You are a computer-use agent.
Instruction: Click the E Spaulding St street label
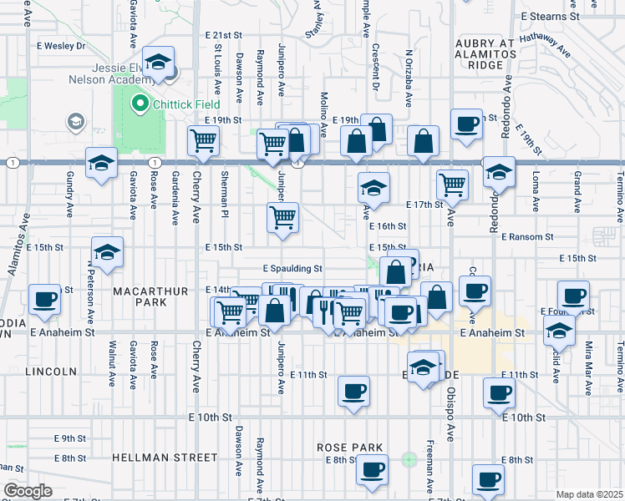(292, 269)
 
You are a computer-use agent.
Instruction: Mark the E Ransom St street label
(527, 237)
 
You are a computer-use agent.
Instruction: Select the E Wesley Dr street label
(58, 46)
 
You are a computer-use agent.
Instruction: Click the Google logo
(28, 491)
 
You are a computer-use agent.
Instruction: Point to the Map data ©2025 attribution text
(589, 494)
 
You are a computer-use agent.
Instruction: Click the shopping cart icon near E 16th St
(283, 217)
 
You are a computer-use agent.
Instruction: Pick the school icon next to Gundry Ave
(101, 163)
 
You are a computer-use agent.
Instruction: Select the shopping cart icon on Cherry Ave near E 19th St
(203, 143)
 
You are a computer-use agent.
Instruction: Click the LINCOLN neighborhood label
(50, 371)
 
